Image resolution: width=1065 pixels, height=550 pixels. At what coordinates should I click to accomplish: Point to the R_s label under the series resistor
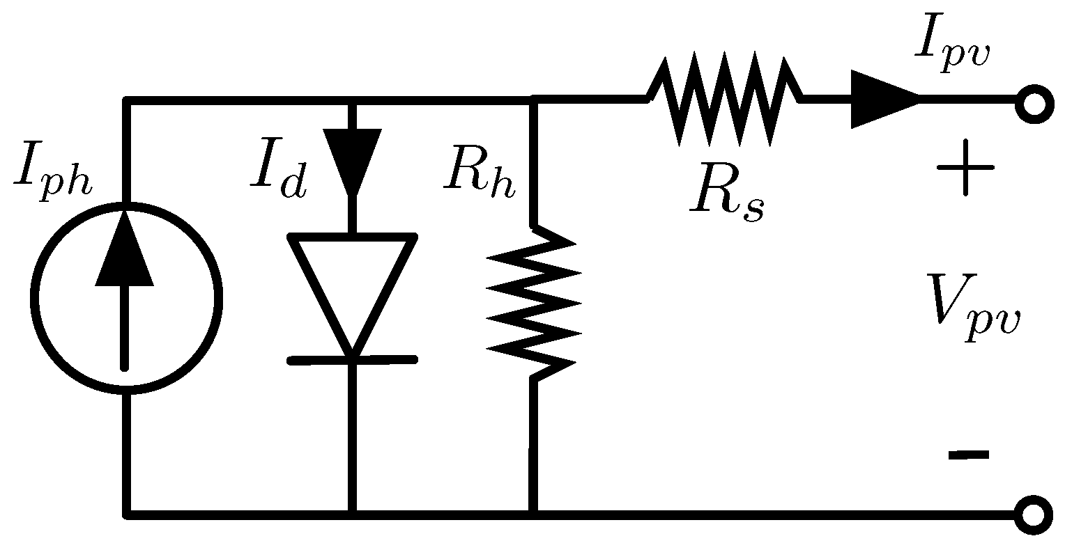(x=727, y=199)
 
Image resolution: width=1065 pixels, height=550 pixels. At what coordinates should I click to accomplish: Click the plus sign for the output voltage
(x=965, y=168)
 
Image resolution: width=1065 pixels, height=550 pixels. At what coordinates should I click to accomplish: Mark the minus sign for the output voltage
(x=968, y=455)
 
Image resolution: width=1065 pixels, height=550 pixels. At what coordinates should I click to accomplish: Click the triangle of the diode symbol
(x=352, y=285)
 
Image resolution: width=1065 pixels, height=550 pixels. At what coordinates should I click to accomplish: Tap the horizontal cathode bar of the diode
(x=352, y=360)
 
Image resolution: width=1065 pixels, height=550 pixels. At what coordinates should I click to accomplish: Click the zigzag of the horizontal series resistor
(x=725, y=102)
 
